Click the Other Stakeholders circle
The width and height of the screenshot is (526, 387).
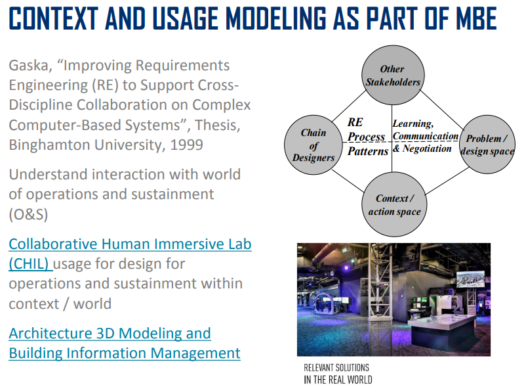click(393, 76)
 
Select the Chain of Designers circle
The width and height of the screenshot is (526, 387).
click(314, 145)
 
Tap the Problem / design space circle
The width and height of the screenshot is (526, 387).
click(487, 145)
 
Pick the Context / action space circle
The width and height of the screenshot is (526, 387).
click(394, 204)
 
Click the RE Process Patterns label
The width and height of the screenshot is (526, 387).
click(368, 137)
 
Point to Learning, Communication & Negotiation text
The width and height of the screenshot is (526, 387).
click(426, 136)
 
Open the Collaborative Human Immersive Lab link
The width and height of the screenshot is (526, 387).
click(130, 254)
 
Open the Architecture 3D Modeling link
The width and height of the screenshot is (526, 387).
click(125, 343)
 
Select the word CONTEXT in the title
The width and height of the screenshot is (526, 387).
click(53, 18)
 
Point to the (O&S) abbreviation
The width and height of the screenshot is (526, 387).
click(28, 214)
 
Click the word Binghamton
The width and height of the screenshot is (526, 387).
click(50, 145)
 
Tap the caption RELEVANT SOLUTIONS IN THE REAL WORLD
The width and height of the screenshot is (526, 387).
click(338, 374)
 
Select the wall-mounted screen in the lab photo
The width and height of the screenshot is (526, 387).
click(470, 279)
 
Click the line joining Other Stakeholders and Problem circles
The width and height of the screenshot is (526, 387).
click(442, 110)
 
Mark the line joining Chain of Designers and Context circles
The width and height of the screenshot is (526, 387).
click(348, 181)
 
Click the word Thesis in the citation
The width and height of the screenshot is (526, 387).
click(218, 125)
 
